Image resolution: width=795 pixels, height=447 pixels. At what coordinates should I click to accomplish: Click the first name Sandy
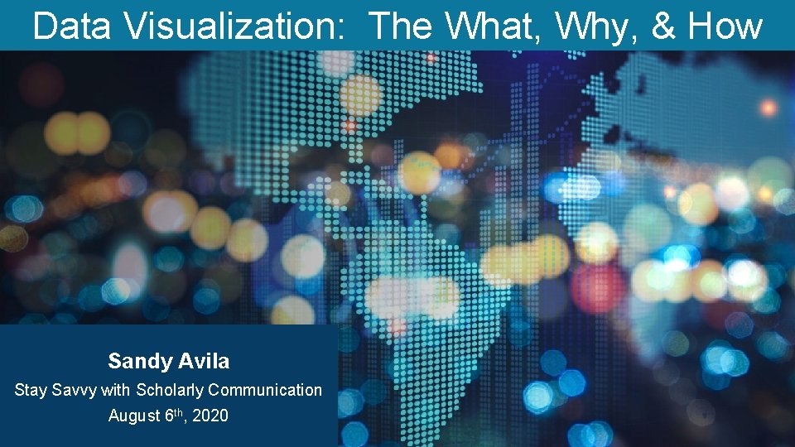pos(138,362)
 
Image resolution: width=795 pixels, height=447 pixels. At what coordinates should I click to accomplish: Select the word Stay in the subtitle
pos(31,390)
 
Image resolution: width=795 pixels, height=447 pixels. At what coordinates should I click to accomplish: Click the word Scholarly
pos(170,390)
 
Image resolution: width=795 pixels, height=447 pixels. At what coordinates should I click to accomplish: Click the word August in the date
pos(133,416)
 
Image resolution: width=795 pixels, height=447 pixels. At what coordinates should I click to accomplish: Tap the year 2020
pos(209,416)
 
